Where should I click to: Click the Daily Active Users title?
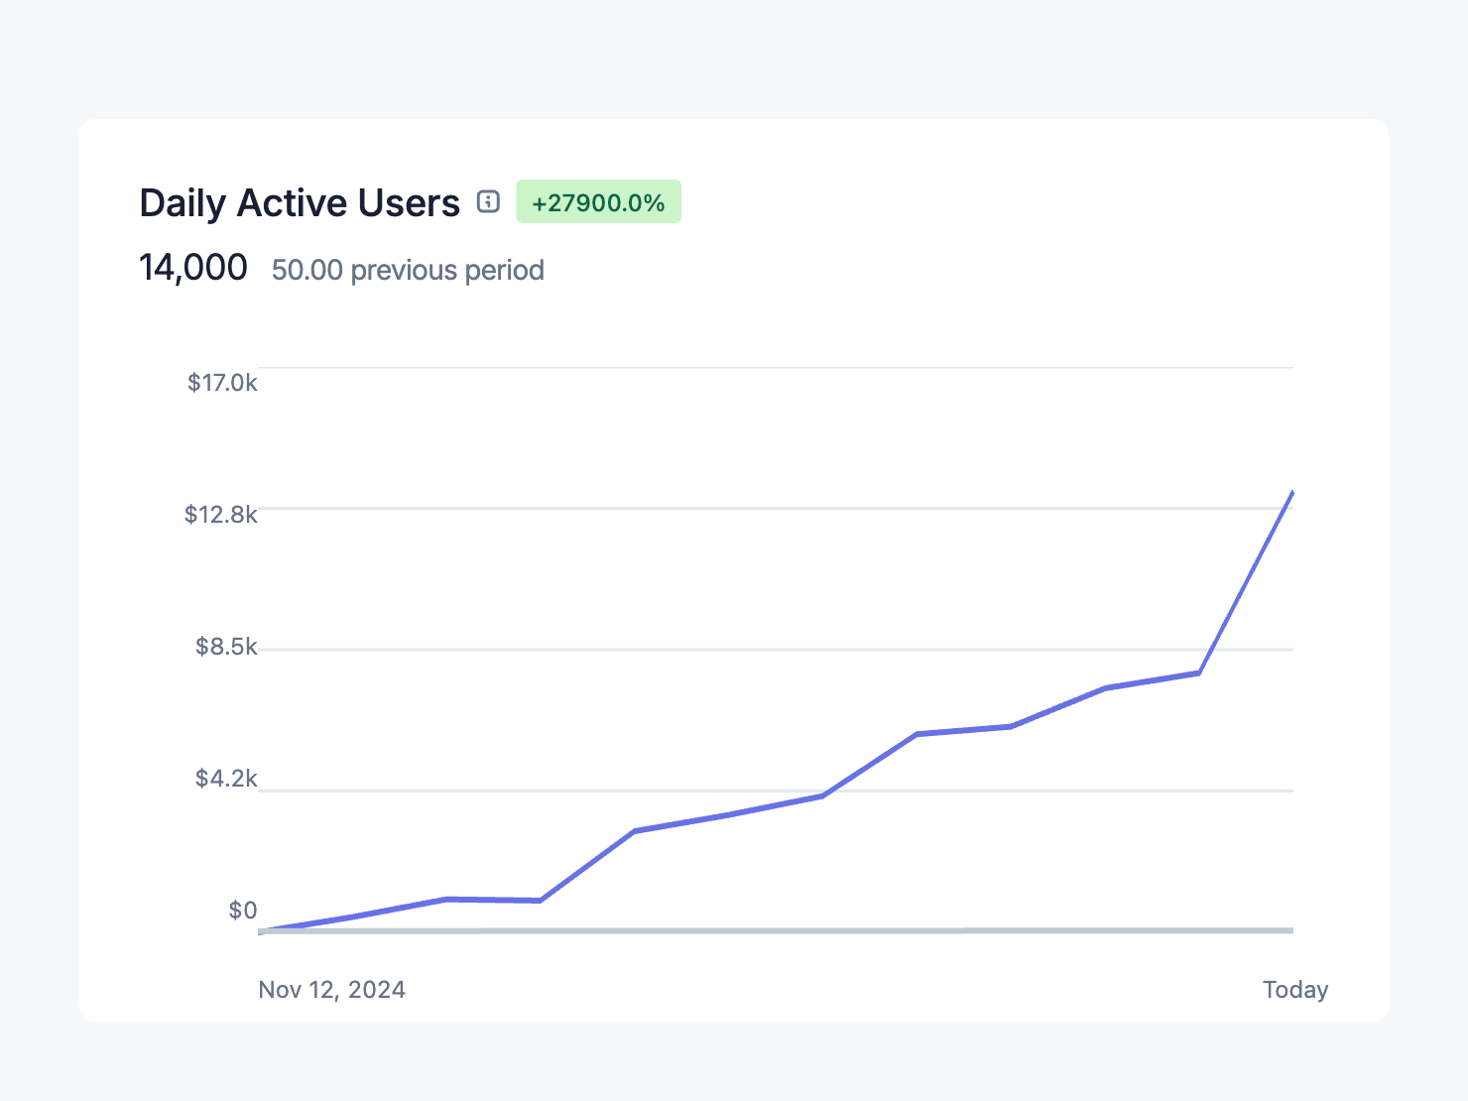(299, 203)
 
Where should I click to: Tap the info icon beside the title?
(488, 201)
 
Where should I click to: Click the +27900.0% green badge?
(598, 202)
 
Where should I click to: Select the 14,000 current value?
(193, 268)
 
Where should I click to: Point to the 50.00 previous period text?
(408, 270)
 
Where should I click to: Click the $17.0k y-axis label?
(222, 383)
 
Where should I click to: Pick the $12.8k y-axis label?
(221, 514)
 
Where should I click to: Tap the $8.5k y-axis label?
(226, 647)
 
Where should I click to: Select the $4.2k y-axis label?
(226, 779)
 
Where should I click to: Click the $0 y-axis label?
(243, 911)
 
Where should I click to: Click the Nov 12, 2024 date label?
(331, 990)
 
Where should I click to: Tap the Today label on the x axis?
(1294, 990)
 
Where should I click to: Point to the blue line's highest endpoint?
(1292, 492)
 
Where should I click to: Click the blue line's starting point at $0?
(260, 931)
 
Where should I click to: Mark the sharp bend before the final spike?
(1199, 673)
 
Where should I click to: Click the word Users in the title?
(409, 203)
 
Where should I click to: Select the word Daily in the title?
(183, 203)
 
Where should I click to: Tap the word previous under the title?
(407, 270)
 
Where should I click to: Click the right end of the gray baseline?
(1290, 930)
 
